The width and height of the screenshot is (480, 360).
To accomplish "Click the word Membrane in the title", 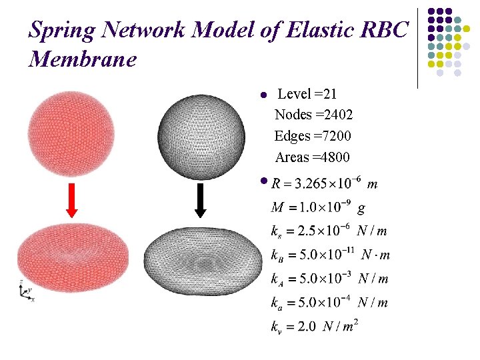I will tap(83, 59).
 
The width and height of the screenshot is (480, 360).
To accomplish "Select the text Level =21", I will tap(307, 94).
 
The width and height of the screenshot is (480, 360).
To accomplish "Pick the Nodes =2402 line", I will tap(314, 115).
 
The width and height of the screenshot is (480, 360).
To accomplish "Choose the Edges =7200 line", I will tap(313, 136).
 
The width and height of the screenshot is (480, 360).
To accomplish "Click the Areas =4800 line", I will tap(312, 157).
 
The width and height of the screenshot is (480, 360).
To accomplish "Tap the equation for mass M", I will tap(317, 208).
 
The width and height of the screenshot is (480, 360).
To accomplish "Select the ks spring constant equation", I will tap(329, 231).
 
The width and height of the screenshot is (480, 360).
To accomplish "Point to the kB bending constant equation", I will tap(330, 255).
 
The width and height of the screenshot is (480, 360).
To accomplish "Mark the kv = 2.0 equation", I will tap(315, 326).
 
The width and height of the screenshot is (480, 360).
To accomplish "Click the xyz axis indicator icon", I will tap(25, 292).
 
